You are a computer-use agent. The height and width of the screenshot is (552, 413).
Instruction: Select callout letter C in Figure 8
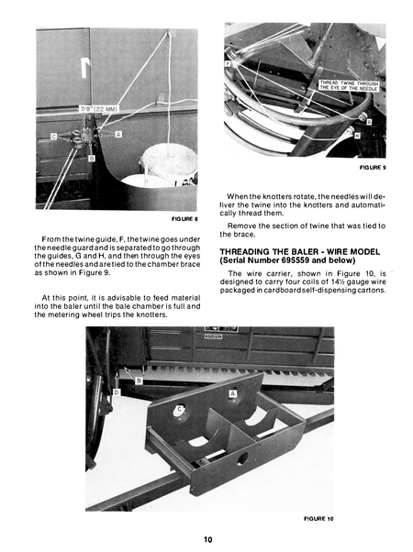point(53,137)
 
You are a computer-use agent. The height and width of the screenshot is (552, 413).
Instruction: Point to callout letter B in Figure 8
point(90,158)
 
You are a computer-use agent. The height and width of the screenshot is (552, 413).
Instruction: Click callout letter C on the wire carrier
point(179,409)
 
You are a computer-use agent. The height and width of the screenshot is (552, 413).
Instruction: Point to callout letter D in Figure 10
point(117,392)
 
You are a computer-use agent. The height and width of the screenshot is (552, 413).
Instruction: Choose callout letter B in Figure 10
point(138,379)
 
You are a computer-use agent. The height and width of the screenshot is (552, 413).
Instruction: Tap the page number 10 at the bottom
point(209,539)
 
